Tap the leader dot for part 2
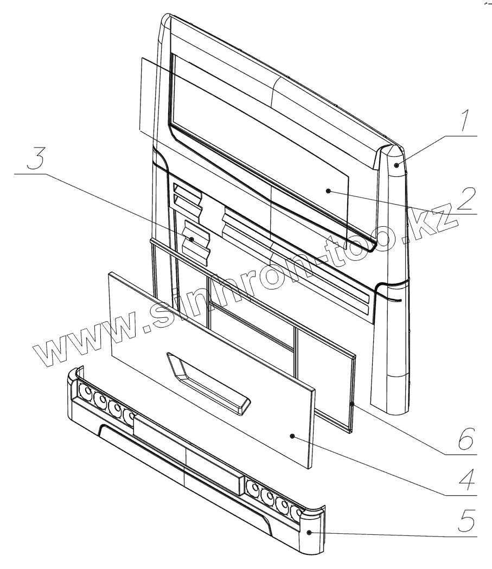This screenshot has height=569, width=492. (329, 190)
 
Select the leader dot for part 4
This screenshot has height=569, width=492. (292, 436)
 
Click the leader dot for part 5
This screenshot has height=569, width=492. (309, 533)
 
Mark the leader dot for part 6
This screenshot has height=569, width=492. (352, 404)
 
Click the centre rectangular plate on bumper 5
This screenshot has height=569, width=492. (187, 453)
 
